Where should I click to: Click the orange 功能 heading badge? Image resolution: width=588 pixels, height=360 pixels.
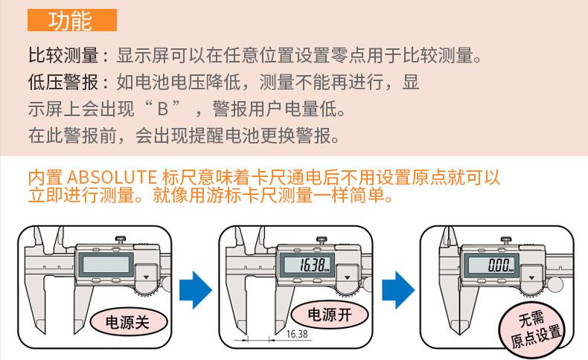click(x=72, y=20)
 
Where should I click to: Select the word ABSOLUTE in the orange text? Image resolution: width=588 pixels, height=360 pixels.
click(x=111, y=179)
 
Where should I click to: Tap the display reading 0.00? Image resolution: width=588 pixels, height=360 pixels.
click(x=492, y=266)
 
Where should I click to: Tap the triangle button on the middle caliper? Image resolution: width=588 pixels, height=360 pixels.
click(x=347, y=276)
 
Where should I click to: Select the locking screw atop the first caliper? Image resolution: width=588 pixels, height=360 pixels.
click(x=120, y=239)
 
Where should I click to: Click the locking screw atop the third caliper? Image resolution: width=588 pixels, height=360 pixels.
click(x=506, y=239)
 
